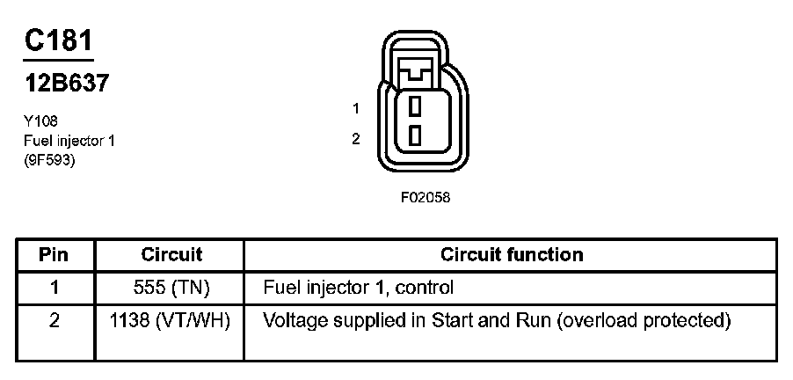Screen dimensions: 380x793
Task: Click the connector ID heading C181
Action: [58, 42]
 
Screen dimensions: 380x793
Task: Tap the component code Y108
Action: [41, 121]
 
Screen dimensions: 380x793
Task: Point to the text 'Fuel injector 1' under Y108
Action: [69, 141]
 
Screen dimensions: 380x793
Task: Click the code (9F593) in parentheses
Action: [49, 160]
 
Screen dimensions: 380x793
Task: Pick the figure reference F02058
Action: [426, 198]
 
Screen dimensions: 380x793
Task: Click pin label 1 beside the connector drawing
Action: [355, 109]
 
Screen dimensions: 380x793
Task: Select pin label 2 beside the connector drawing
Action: [355, 138]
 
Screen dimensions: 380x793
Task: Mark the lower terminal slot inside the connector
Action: [414, 135]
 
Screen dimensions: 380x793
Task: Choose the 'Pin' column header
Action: [55, 255]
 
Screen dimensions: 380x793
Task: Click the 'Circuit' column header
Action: [171, 255]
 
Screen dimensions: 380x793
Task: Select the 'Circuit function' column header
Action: [511, 255]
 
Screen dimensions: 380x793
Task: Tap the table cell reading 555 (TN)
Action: [171, 288]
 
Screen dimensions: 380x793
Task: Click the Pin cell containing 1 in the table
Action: [55, 288]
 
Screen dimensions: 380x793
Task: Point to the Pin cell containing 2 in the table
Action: [55, 321]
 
